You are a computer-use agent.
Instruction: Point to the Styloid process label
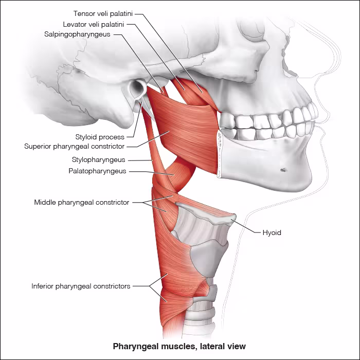[x=100, y=137]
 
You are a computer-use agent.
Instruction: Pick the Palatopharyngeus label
[x=97, y=171]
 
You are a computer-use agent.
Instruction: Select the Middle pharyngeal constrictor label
[x=82, y=203]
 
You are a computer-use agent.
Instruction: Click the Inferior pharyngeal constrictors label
[x=81, y=286]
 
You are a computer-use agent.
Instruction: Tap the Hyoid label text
[x=272, y=233]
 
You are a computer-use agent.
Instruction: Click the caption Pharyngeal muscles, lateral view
[x=179, y=346]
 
